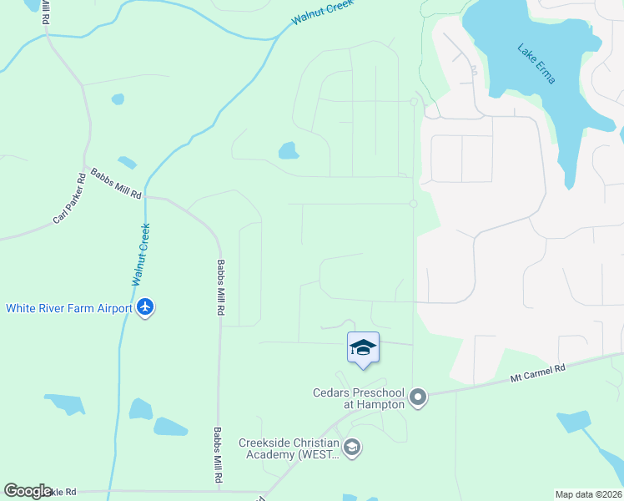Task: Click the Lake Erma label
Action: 536,63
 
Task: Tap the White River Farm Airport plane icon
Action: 146,307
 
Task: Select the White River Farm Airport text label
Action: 69,308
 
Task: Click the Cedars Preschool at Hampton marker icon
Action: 419,398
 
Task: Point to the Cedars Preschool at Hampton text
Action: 359,398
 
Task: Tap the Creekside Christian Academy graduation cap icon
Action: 352,448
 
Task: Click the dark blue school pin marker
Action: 363,347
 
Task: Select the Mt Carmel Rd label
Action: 538,373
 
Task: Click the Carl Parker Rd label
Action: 69,199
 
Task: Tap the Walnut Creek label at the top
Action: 323,13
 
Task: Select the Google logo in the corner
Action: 28,491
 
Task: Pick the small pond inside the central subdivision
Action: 288,151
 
